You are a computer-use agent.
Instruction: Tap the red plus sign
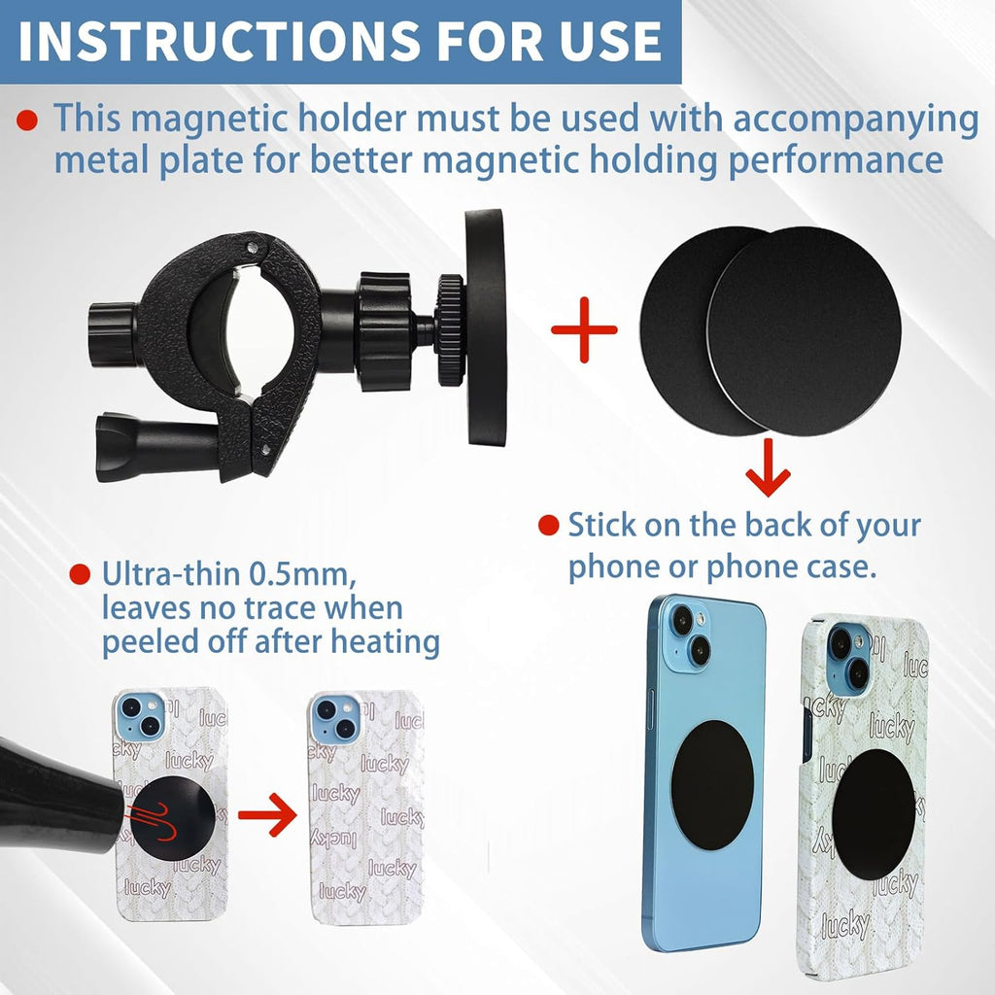tap(584, 329)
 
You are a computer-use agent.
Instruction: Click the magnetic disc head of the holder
tap(485, 327)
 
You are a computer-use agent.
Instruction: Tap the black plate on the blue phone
tap(710, 785)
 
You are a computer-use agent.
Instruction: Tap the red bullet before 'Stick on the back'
tap(549, 527)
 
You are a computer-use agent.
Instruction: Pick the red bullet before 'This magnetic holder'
tap(28, 120)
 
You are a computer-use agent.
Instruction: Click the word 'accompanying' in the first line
tap(855, 119)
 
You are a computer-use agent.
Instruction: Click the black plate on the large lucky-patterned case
tap(874, 814)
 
